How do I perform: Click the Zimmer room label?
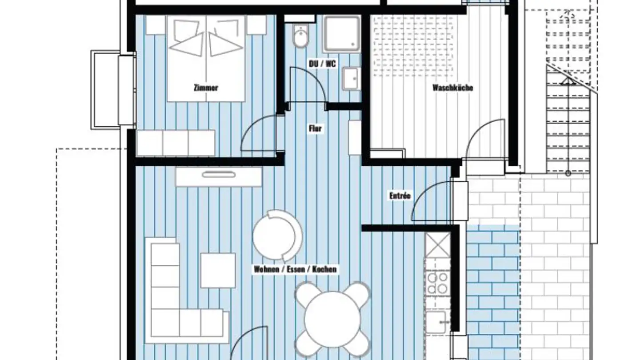(x=206, y=88)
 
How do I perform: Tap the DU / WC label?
(x=322, y=64)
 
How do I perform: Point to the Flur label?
(x=316, y=128)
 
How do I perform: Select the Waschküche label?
(x=452, y=88)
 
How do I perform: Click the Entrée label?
(x=400, y=196)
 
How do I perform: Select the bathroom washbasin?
(x=351, y=78)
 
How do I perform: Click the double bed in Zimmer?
(x=206, y=59)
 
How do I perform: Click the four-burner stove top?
(x=437, y=283)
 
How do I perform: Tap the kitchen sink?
(x=437, y=322)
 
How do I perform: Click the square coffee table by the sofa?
(x=218, y=270)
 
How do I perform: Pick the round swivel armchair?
(x=277, y=236)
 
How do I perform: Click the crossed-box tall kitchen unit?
(x=437, y=244)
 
